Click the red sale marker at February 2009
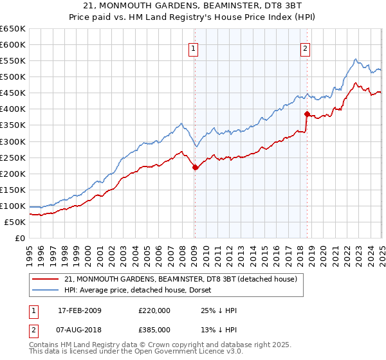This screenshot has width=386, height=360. click(x=195, y=167)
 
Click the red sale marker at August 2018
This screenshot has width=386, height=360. click(x=307, y=114)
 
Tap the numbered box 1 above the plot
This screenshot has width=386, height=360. click(x=193, y=47)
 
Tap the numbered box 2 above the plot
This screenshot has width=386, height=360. click(x=304, y=47)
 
